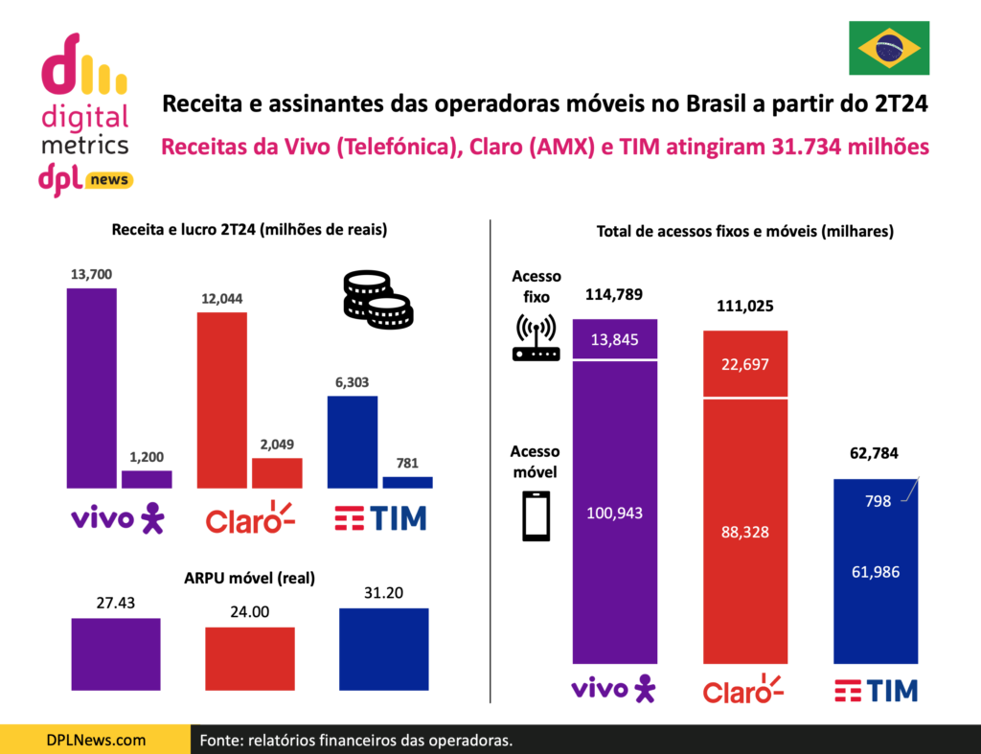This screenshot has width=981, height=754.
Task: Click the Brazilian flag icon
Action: click(x=889, y=48)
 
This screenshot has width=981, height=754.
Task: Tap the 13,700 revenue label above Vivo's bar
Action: click(x=91, y=274)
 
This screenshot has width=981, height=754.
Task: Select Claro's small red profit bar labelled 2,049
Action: click(x=277, y=473)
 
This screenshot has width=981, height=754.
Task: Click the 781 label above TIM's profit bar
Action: click(x=407, y=464)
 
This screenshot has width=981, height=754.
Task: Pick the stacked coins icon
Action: click(x=377, y=300)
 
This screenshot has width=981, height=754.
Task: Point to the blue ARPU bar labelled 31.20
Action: click(x=383, y=649)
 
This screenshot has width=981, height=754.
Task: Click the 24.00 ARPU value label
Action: click(x=250, y=611)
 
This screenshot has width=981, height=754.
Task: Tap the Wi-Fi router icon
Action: click(x=536, y=339)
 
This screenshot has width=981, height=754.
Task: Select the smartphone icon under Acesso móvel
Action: click(x=536, y=516)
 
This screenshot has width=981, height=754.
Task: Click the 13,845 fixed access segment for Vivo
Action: click(x=628, y=339)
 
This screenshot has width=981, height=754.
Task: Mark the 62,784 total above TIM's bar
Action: click(x=877, y=453)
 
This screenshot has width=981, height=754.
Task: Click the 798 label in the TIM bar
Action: click(x=878, y=500)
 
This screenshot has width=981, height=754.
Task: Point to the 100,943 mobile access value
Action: click(x=628, y=513)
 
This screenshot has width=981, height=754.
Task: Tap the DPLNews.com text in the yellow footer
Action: click(x=96, y=740)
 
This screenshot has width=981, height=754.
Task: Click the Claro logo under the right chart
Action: click(x=743, y=689)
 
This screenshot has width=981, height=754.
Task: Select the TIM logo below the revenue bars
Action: click(x=380, y=518)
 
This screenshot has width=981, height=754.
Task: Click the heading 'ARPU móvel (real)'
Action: click(x=249, y=578)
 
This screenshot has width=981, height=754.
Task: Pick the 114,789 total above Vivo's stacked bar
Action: click(x=628, y=294)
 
